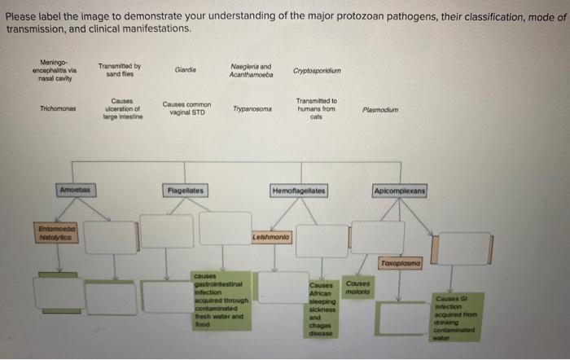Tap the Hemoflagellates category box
coord(299,190)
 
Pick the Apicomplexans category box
coord(401,190)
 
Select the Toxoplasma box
coord(400,265)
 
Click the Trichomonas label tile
coord(57,108)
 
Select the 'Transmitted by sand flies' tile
coord(120,69)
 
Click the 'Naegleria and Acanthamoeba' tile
coord(252,69)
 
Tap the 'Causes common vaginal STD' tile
coord(186,108)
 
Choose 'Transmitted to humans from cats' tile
coord(317,108)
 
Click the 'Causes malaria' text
coord(357,287)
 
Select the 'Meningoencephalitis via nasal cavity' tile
coord(56,69)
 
